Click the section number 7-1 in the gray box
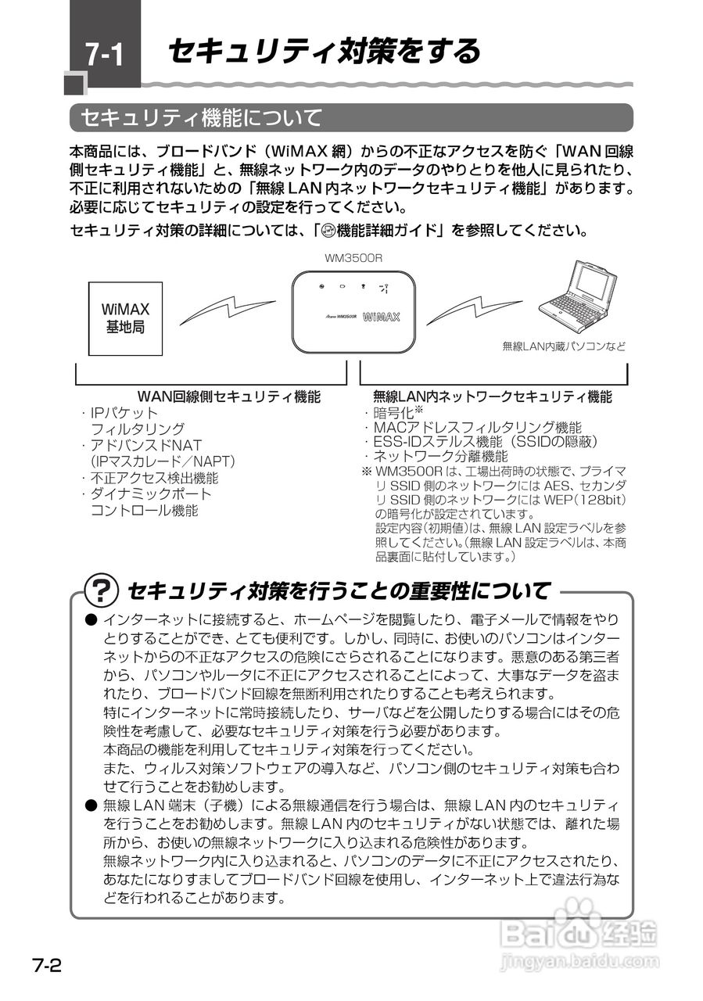(x=103, y=55)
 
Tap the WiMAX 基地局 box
(x=125, y=318)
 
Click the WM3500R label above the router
(x=353, y=257)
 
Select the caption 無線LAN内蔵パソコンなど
(x=564, y=345)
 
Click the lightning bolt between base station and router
(x=228, y=310)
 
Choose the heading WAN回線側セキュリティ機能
(x=228, y=396)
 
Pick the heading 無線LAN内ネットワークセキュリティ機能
(x=493, y=396)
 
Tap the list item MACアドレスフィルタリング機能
(x=477, y=427)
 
